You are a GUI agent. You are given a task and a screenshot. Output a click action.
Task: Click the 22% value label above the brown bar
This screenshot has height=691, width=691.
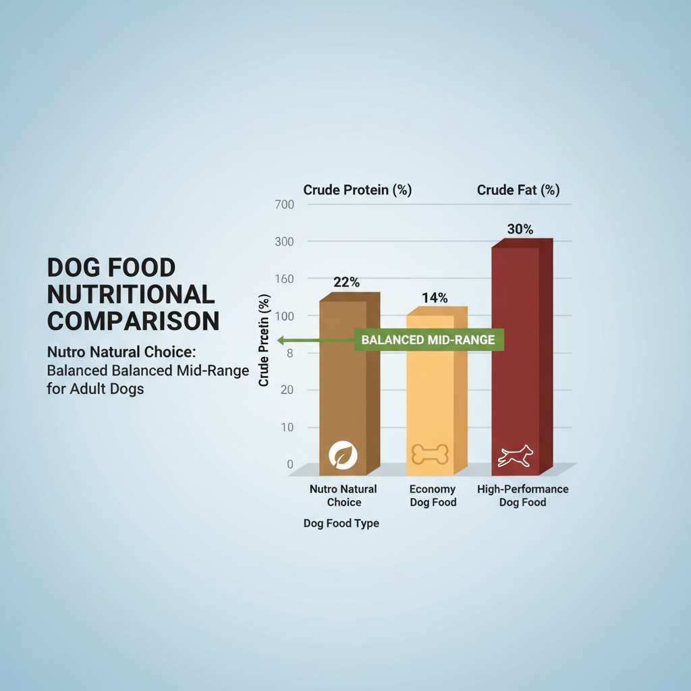(346, 283)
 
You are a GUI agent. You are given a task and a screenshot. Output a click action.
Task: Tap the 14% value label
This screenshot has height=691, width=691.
(435, 298)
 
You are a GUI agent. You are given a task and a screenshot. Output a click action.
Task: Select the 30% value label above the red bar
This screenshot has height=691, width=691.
(520, 229)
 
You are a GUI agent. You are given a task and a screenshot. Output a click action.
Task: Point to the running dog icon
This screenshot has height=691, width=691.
(515, 456)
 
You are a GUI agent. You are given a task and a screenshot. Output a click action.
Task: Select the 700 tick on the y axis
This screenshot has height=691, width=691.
(285, 204)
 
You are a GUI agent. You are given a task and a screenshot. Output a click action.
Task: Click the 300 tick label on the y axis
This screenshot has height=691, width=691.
(285, 242)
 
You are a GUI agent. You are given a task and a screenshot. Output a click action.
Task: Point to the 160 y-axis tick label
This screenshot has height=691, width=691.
(285, 279)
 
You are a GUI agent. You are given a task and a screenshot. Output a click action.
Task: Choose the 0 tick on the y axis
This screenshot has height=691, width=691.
(290, 464)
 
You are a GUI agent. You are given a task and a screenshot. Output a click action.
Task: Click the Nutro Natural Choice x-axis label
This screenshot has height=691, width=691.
(343, 495)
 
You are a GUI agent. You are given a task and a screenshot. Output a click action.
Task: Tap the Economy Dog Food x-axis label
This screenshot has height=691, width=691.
(433, 495)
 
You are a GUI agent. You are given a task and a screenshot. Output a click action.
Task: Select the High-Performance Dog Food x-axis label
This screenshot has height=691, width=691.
(522, 495)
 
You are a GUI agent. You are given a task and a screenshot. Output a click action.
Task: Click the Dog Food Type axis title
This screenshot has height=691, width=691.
(341, 524)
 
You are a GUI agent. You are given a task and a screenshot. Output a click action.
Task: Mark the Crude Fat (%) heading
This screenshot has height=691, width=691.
(518, 190)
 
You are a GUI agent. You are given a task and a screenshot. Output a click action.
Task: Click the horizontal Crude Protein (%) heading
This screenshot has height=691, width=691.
(357, 190)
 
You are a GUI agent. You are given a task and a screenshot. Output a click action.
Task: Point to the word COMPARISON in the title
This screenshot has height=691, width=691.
(133, 321)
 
